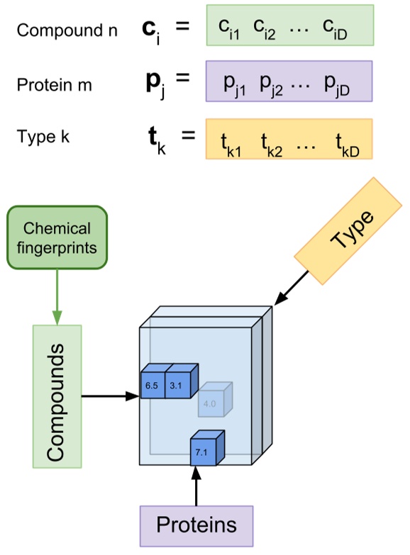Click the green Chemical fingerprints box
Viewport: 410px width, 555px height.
57,237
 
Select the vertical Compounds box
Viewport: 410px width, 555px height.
57,396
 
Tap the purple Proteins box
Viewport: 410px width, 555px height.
196,527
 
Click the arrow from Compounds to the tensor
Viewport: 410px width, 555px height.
110,396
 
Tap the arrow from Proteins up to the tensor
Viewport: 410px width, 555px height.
196,486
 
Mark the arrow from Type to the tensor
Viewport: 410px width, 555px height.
292,289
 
